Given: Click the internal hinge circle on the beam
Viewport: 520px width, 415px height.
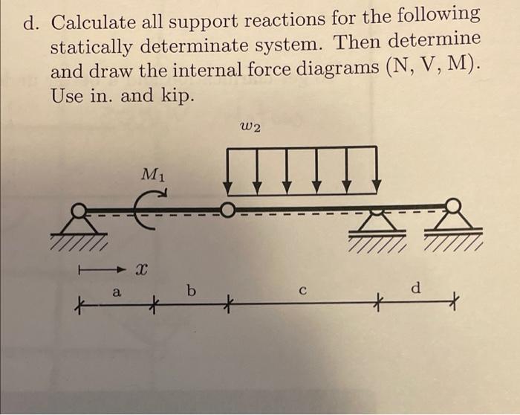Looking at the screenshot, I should (228, 210).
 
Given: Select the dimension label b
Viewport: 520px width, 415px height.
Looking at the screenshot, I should (192, 291).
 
